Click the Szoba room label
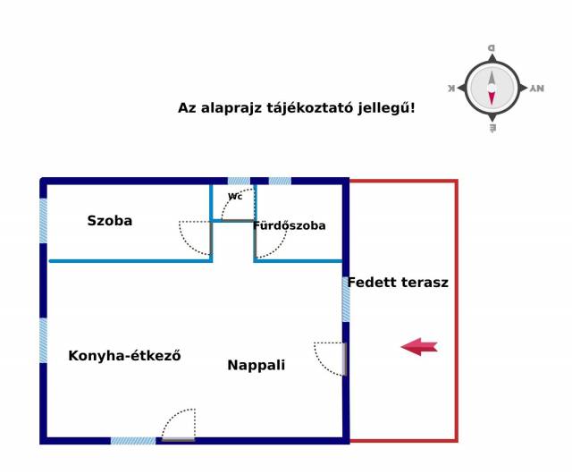tap(109, 221)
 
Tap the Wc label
tap(235, 197)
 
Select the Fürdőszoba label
tap(290, 225)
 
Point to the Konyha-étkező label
tap(124, 355)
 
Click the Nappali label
tap(257, 365)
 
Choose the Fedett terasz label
tap(398, 283)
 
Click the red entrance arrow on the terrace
tap(419, 346)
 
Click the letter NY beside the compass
tap(537, 88)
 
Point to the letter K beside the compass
tap(451, 88)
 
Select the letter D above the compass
tap(492, 47)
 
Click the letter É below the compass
tap(492, 128)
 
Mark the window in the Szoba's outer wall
tap(43, 221)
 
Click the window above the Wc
tap(239, 181)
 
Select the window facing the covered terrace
tap(346, 300)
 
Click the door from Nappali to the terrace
tap(344, 359)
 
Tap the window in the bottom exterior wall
tap(133, 441)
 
